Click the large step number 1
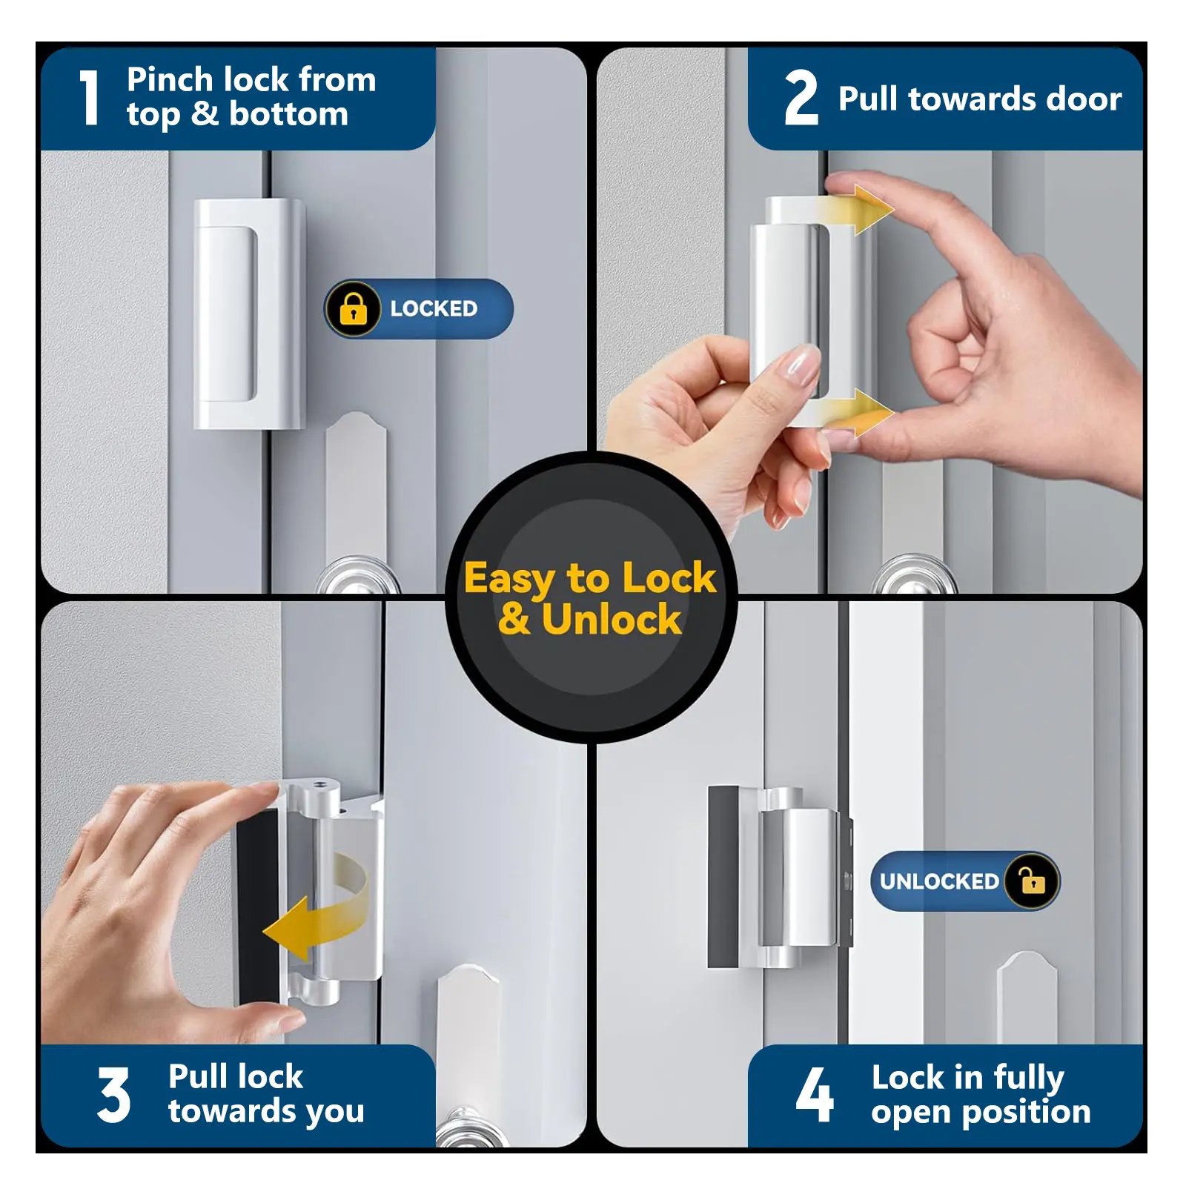pyautogui.click(x=90, y=97)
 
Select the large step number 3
pyautogui.click(x=113, y=1095)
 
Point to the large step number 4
pyautogui.click(x=815, y=1094)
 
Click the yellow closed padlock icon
pyautogui.click(x=353, y=308)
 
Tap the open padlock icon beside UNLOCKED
pyautogui.click(x=1032, y=881)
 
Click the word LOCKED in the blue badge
pyautogui.click(x=434, y=308)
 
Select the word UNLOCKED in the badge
pyautogui.click(x=939, y=881)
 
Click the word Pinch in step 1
pyautogui.click(x=170, y=79)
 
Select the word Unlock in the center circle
pyautogui.click(x=612, y=619)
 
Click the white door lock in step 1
pyautogui.click(x=249, y=314)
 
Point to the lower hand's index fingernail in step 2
pyautogui.click(x=795, y=364)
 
